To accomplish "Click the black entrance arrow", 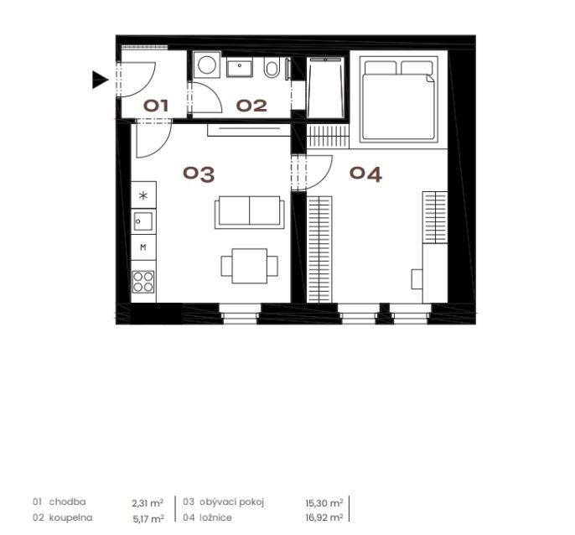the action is tap(100, 80).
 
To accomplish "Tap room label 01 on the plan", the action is tap(156, 106).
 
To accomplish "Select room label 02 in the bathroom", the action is tap(251, 106).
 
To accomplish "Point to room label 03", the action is tap(199, 174).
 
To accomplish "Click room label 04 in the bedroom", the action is tap(365, 174).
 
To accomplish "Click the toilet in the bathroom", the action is tap(272, 67).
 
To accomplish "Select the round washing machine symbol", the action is tap(207, 65).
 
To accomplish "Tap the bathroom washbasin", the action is tap(240, 68).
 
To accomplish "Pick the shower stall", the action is tap(325, 87).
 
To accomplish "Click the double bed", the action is tap(399, 99).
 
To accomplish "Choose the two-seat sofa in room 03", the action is tap(250, 212).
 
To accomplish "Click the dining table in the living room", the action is tap(250, 266).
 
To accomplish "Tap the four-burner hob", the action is tap(143, 282).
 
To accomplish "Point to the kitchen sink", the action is tap(143, 221).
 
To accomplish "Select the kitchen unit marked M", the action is tap(143, 247).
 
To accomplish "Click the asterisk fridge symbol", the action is tap(143, 195).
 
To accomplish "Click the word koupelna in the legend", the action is tap(70, 517).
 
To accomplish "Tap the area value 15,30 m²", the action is tap(324, 502).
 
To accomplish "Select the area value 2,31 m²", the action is tap(148, 502).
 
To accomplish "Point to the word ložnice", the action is tap(215, 517).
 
